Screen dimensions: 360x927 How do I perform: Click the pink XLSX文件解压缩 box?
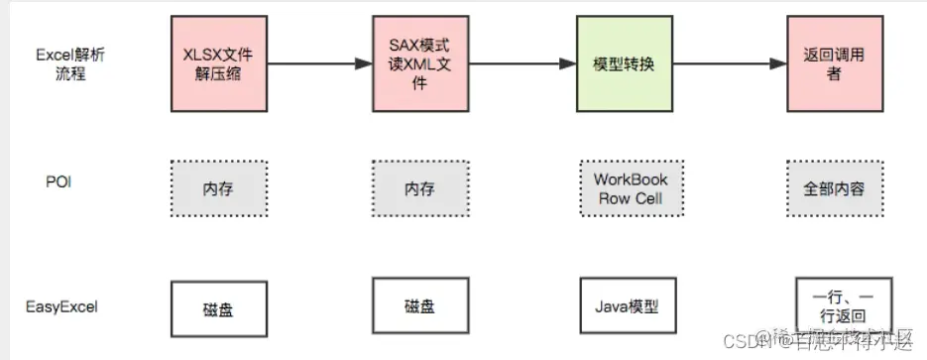click(218, 63)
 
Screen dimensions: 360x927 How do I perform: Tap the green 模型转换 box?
click(626, 63)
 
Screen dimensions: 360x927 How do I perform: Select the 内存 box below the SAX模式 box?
click(418, 187)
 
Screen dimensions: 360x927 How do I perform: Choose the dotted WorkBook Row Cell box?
click(631, 187)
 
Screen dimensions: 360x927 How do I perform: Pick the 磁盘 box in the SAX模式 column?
click(418, 307)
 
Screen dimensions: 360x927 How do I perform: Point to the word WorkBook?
click(631, 180)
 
